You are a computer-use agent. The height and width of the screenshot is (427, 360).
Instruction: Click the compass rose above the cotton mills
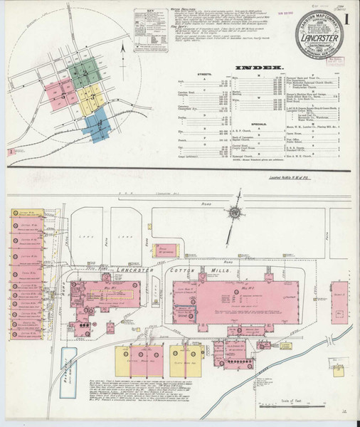tap(233, 211)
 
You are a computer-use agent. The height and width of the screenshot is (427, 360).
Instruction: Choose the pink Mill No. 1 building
tap(112, 298)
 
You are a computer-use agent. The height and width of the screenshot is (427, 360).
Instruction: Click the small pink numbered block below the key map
tap(12, 152)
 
